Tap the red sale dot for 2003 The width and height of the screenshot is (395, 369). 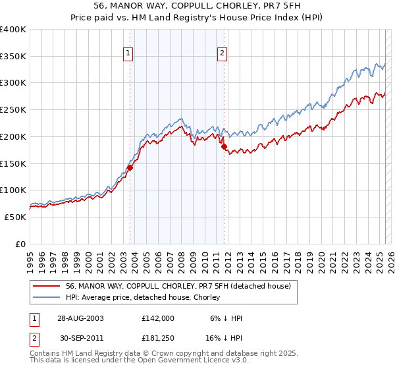(130, 167)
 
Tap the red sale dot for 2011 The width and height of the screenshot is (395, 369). (224, 146)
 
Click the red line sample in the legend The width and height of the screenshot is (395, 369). (47, 286)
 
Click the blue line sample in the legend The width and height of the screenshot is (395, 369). (47, 297)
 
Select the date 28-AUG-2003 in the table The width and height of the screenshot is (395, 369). (78, 318)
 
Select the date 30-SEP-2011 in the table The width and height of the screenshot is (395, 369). (77, 339)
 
